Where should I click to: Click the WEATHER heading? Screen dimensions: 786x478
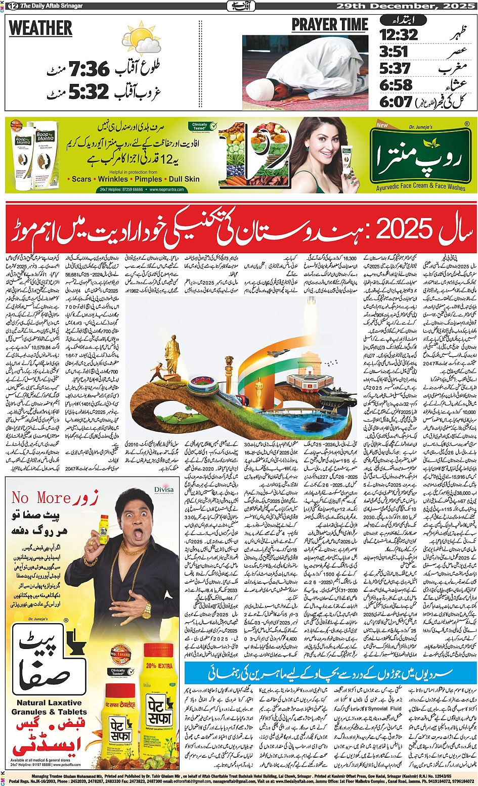tap(40, 29)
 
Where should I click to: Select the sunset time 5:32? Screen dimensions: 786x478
tap(89, 92)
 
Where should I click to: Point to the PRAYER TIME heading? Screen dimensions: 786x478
tap(330, 25)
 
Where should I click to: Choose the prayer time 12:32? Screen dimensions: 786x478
tap(399, 35)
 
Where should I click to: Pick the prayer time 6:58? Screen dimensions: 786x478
tap(396, 85)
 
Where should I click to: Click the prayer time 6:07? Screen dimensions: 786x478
tap(396, 102)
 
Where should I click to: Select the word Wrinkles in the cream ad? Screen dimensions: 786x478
tap(113, 179)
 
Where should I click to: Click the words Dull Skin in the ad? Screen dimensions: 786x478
tap(184, 179)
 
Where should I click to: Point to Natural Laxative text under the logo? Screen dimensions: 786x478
tap(49, 703)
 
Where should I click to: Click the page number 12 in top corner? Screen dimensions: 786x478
tap(11, 6)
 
